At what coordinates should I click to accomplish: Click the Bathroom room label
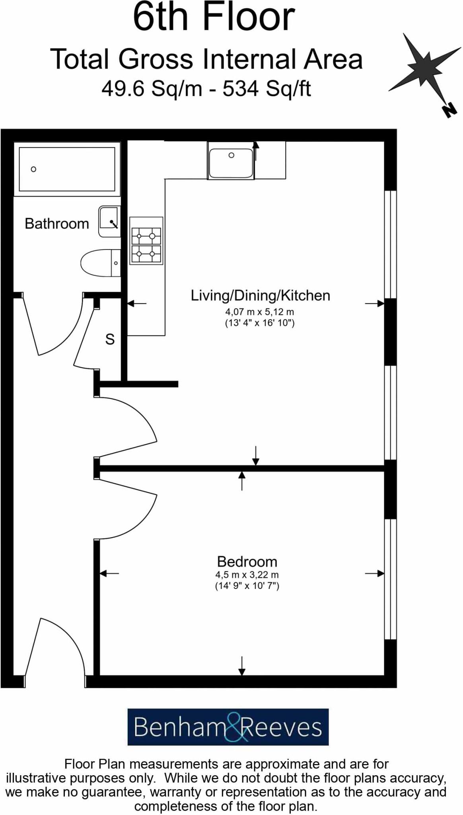(x=56, y=224)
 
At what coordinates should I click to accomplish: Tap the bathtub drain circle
(x=34, y=169)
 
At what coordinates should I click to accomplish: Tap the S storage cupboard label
(x=110, y=339)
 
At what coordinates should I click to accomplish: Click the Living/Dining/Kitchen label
(x=260, y=296)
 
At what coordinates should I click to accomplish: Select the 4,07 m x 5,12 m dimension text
(x=259, y=312)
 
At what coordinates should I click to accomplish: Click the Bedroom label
(x=247, y=562)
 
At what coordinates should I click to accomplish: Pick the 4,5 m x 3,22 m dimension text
(x=247, y=575)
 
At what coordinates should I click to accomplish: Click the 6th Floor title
(x=214, y=18)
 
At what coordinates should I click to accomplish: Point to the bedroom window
(x=391, y=579)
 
